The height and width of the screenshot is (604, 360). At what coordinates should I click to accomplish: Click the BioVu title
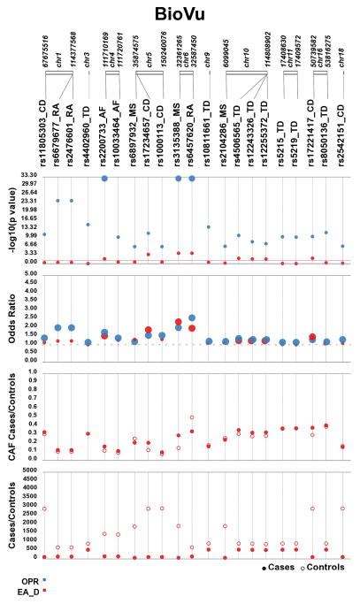pyautogui.click(x=180, y=15)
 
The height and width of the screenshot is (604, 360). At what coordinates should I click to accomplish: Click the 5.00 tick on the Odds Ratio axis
pyautogui.click(x=29, y=274)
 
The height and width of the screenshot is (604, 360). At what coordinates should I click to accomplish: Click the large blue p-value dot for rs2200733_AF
pyautogui.click(x=104, y=178)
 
